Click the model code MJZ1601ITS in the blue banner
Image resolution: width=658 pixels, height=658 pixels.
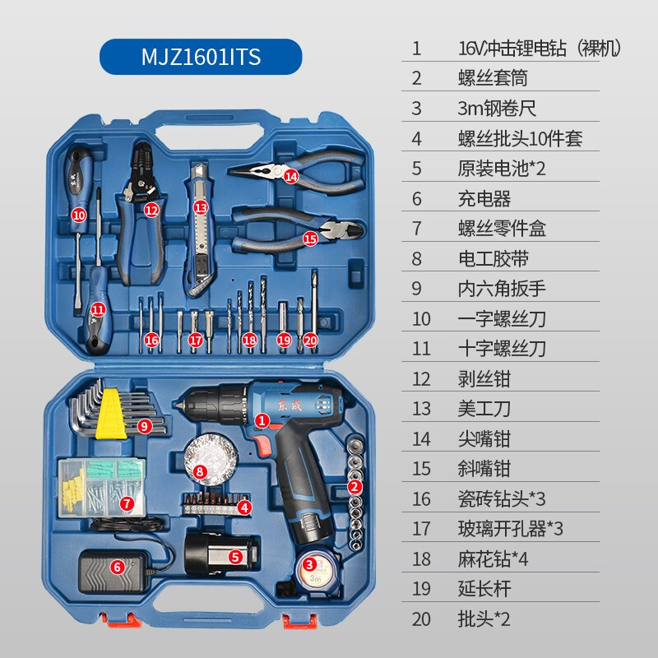(201, 57)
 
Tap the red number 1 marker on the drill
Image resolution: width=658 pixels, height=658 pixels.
(262, 420)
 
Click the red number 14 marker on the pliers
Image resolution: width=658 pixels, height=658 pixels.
(290, 175)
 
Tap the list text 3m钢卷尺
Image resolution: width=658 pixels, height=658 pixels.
(497, 108)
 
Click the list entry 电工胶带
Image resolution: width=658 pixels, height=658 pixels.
(493, 258)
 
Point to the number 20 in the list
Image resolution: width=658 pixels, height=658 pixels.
(421, 619)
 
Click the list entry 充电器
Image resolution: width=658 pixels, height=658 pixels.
(484, 198)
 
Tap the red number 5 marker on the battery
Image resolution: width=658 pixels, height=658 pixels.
(235, 557)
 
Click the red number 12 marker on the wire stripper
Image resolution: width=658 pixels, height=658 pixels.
(151, 210)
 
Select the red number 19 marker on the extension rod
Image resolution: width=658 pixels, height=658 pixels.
(284, 339)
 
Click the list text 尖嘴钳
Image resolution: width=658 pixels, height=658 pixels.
(484, 438)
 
